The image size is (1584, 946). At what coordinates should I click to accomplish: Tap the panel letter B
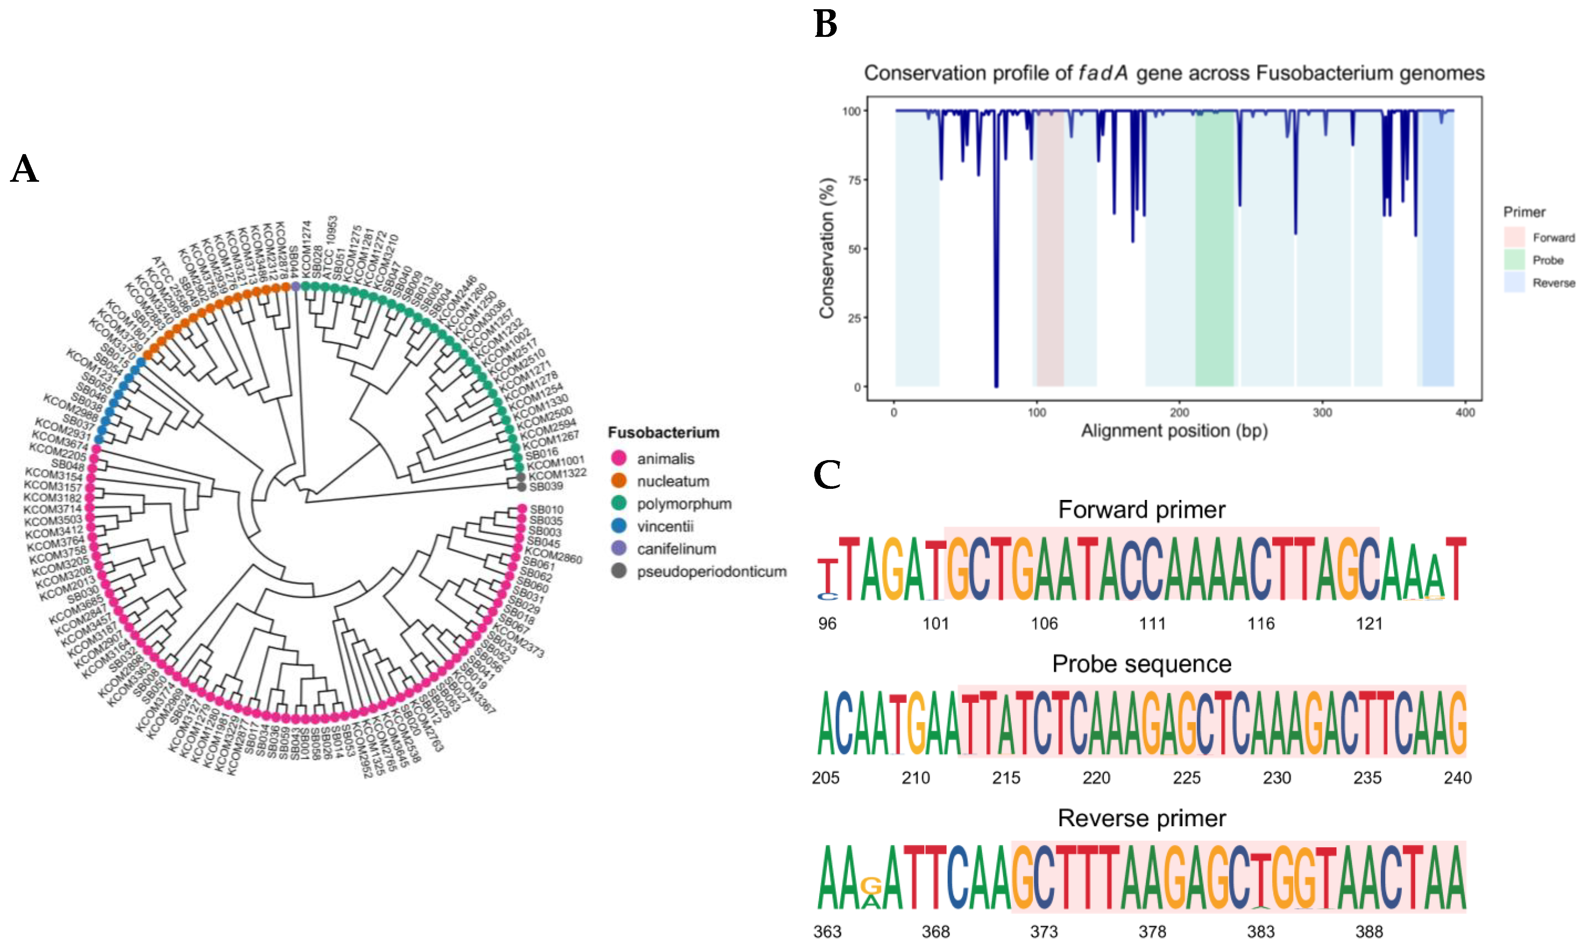pos(825,24)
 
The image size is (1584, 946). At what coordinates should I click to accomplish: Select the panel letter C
pos(827,475)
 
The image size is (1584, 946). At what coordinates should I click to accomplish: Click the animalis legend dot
pos(618,458)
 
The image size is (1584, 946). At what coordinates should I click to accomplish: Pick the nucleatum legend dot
pos(618,481)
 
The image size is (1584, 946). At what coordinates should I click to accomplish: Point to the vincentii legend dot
pos(618,526)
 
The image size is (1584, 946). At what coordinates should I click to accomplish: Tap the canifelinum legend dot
pos(618,548)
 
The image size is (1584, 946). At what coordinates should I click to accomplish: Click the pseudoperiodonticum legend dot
pos(618,571)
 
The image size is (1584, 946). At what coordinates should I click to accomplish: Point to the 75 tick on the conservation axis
pos(854,180)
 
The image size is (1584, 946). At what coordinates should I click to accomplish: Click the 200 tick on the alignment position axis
pos(1179,413)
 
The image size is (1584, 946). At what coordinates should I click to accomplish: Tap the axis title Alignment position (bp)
pos(1174,431)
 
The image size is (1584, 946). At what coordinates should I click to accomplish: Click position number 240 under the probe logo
pos(1457,778)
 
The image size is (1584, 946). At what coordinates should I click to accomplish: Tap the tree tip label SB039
pos(546,486)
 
